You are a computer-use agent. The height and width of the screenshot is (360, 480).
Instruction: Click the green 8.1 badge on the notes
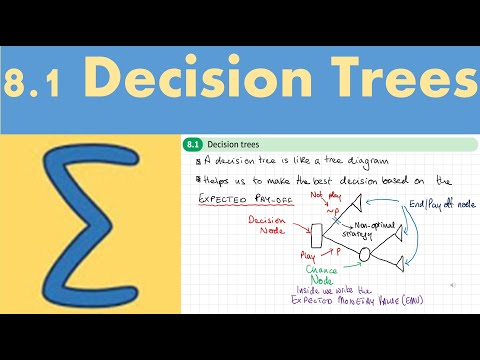[x=193, y=144]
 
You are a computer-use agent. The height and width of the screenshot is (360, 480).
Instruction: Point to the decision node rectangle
[x=316, y=236]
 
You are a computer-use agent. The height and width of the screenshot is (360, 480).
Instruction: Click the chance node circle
[x=366, y=255]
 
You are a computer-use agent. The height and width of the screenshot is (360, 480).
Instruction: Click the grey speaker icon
[x=454, y=285]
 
